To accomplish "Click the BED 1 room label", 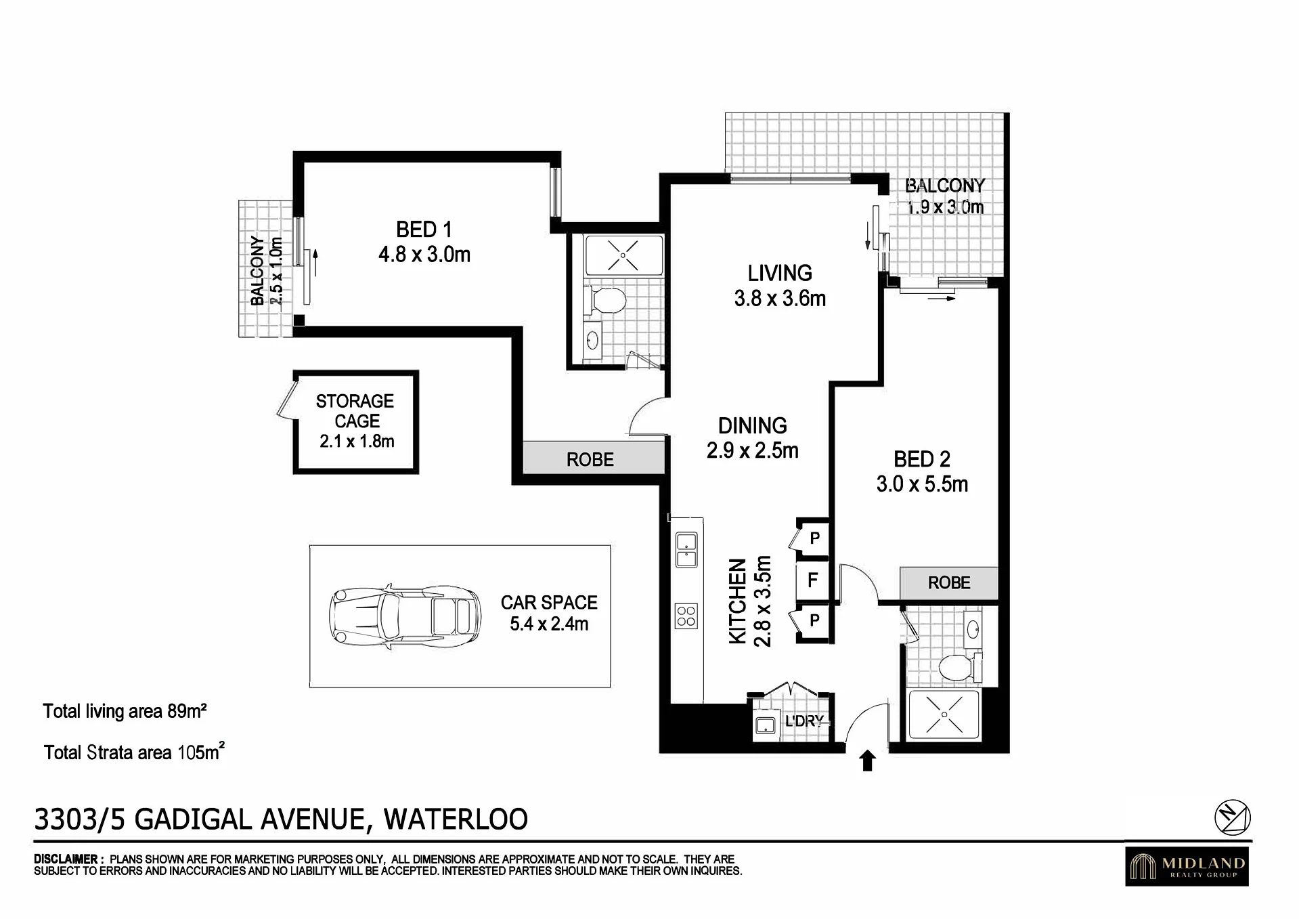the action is pyautogui.click(x=424, y=230).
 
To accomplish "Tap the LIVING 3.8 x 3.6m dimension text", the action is pyautogui.click(x=780, y=298).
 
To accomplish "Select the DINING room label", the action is pyautogui.click(x=753, y=425).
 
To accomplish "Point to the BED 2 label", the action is pyautogui.click(x=922, y=459).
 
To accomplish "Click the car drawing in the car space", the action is pyautogui.click(x=405, y=618).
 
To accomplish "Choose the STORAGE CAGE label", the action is pyautogui.click(x=355, y=410).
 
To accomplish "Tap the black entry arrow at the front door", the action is pyautogui.click(x=867, y=761).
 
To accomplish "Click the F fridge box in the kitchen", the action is pyautogui.click(x=812, y=580).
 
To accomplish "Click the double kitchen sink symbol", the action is pyautogui.click(x=686, y=550).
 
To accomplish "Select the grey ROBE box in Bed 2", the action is pyautogui.click(x=948, y=582).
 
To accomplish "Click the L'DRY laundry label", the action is pyautogui.click(x=804, y=721).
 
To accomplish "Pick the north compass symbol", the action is pyautogui.click(x=1232, y=817).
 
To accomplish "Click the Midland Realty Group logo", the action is pyautogui.click(x=1187, y=866).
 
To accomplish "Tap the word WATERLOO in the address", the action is pyautogui.click(x=456, y=819).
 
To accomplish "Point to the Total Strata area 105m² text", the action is pyautogui.click(x=134, y=752).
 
